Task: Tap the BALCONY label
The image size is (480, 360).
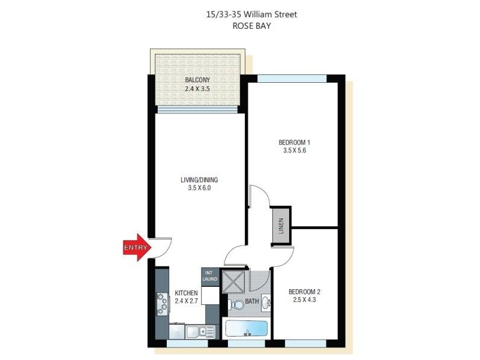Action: click(x=197, y=80)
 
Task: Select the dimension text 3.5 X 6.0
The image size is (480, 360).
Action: click(x=199, y=188)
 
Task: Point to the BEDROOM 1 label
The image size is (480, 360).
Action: click(x=294, y=142)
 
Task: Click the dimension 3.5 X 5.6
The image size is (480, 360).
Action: click(x=295, y=151)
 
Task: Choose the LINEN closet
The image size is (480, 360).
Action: click(x=280, y=226)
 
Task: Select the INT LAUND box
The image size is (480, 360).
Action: click(x=210, y=276)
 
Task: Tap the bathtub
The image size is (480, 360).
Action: click(x=246, y=328)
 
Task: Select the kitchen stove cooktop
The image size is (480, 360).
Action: click(x=162, y=304)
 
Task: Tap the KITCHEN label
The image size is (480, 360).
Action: click(x=186, y=293)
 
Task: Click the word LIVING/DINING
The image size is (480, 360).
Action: click(x=199, y=179)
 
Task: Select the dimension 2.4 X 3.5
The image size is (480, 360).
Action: click(x=197, y=88)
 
